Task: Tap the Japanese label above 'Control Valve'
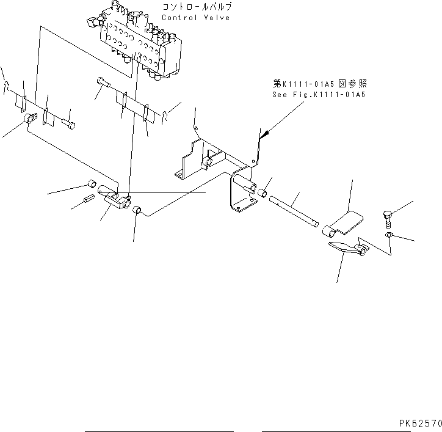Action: click(x=197, y=7)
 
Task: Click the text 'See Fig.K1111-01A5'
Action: click(x=318, y=95)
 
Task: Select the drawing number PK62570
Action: click(x=421, y=422)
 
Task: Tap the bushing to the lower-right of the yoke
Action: click(x=138, y=211)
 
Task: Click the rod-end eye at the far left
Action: click(x=28, y=120)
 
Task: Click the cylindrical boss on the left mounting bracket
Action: click(x=209, y=163)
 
